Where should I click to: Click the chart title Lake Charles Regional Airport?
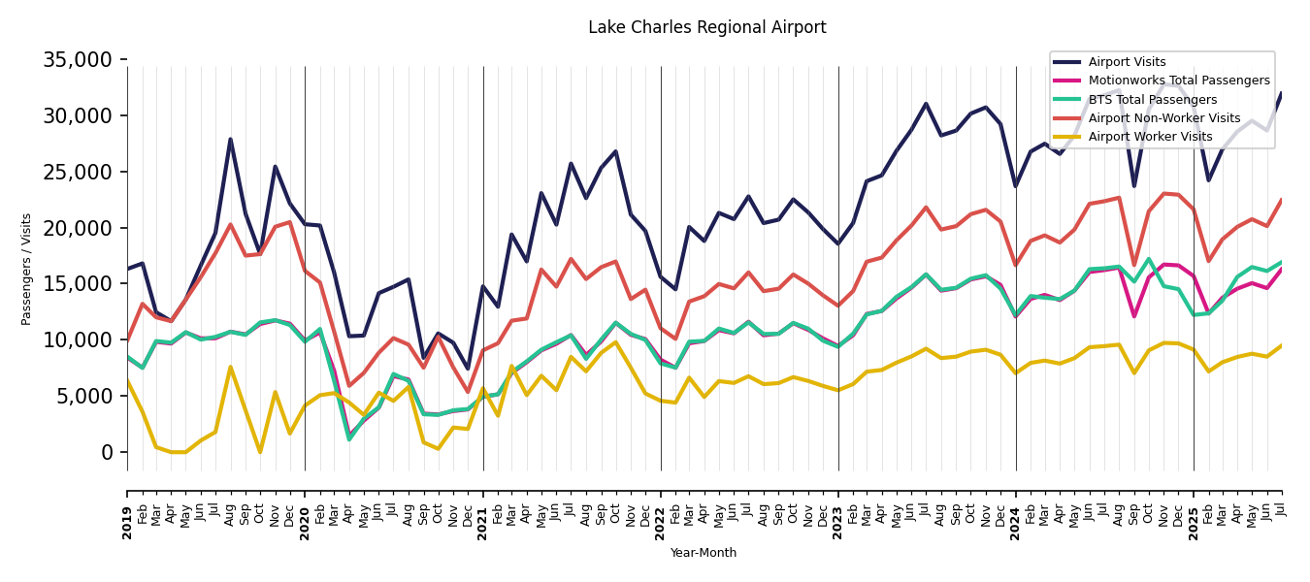706,28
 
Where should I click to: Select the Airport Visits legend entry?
1127,62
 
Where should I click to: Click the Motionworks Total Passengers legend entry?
1178,81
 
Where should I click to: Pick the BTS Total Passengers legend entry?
1152,100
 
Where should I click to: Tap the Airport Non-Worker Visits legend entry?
1163,118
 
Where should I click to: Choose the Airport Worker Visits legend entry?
1150,137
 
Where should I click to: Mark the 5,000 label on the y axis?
83,396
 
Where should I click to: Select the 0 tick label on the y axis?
107,452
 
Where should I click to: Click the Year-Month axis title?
704,553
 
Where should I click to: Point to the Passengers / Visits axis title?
27,269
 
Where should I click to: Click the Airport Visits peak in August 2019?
230,139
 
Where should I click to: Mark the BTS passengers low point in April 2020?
349,439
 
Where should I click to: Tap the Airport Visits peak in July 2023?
926,104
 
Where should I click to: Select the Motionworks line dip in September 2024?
1133,316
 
